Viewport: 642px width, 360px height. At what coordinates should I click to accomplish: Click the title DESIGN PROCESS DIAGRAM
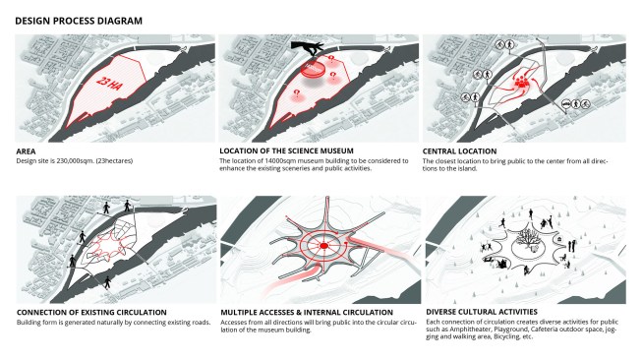pos(79,21)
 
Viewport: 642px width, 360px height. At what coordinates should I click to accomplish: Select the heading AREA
pos(26,151)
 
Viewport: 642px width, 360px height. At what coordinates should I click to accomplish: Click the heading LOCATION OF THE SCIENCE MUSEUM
pos(286,151)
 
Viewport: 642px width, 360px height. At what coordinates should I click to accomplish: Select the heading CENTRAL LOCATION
pos(459,151)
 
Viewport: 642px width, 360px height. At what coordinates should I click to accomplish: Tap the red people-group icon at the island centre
pos(522,83)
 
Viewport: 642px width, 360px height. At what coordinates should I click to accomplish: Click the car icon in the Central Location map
pos(566,104)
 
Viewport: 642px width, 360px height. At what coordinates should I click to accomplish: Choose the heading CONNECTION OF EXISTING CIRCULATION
pos(91,313)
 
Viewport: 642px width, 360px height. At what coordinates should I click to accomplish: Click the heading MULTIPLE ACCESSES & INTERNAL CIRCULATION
pos(307,313)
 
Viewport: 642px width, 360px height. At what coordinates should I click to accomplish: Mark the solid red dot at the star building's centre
pos(323,246)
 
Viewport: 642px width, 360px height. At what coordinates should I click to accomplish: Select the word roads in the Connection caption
pos(201,323)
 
